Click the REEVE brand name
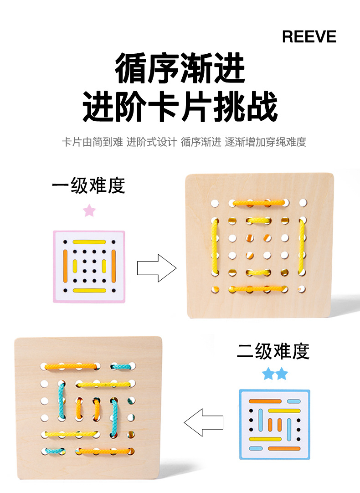(x=309, y=36)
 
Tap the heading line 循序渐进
(x=180, y=68)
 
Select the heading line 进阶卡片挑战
(x=180, y=107)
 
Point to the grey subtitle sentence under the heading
(x=184, y=142)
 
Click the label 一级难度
(x=88, y=186)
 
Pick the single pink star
(x=89, y=211)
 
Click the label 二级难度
(x=273, y=351)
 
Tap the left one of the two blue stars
(x=268, y=375)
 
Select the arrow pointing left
(x=204, y=422)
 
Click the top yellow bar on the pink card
(x=89, y=241)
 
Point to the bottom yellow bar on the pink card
(x=89, y=290)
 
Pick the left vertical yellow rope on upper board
(x=215, y=247)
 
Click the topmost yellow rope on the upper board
(x=258, y=202)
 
